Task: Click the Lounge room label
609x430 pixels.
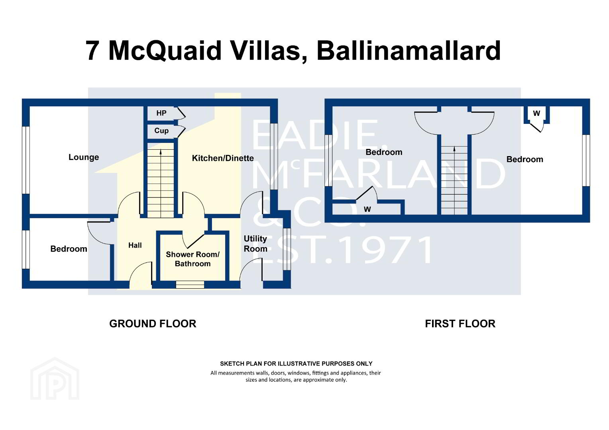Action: [84, 157]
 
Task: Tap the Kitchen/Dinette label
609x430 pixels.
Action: [223, 158]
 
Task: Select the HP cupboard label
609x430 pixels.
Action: [161, 113]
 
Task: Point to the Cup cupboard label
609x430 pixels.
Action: [161, 131]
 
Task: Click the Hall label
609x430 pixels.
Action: [135, 245]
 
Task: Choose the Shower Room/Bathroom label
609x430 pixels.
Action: [193, 259]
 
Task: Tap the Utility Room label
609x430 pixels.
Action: [255, 244]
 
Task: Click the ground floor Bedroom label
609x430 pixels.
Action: [69, 249]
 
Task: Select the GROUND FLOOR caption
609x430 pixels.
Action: [153, 324]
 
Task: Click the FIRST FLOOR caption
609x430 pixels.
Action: [460, 324]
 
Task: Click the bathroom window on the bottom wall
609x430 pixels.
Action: [190, 284]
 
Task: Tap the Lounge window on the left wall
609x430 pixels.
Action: [26, 160]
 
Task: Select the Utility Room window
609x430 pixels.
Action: [287, 249]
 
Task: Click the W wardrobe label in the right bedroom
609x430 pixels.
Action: [536, 113]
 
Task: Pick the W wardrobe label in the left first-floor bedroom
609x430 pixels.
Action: [367, 209]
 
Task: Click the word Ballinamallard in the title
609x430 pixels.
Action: [409, 51]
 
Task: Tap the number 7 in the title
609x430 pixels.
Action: [92, 51]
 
